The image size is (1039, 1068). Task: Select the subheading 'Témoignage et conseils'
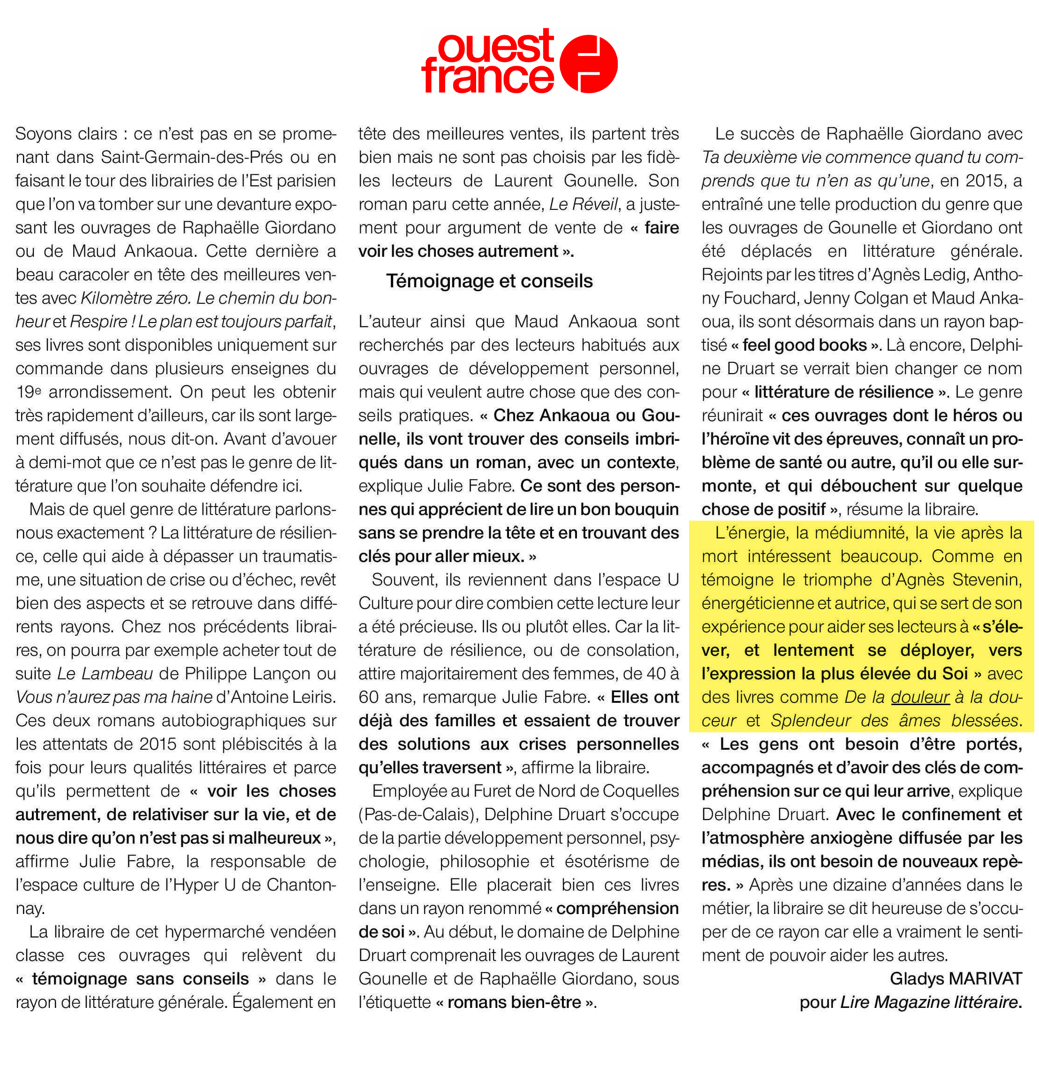(489, 281)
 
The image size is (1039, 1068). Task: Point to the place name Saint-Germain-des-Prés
(191, 157)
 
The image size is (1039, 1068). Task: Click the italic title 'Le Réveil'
(584, 204)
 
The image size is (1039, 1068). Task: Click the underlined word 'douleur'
(920, 697)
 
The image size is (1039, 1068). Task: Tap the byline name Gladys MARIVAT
(956, 979)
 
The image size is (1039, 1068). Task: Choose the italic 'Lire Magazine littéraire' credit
(929, 1002)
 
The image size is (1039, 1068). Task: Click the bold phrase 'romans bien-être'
(514, 1002)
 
